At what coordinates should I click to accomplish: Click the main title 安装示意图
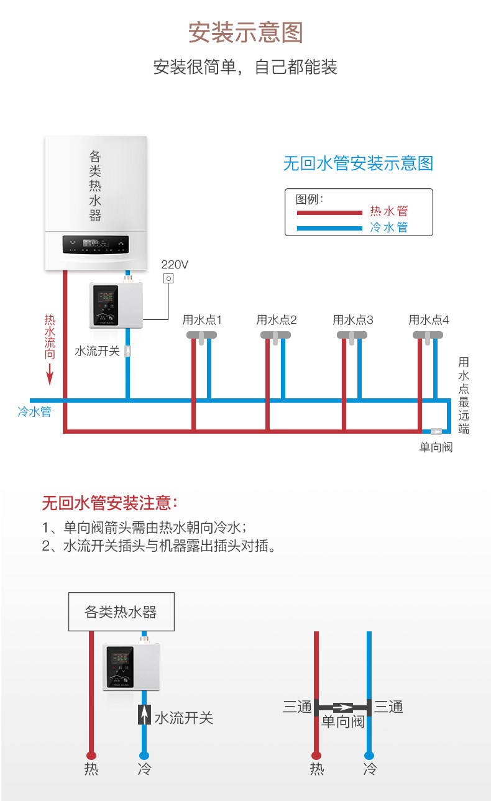point(245,33)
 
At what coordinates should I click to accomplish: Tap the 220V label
point(175,265)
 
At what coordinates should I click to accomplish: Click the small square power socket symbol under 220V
point(168,279)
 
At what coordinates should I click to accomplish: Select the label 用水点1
point(202,320)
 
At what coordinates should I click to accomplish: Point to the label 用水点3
point(353,320)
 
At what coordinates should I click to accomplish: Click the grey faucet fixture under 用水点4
point(428,336)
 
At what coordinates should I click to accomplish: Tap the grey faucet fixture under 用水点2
point(276,336)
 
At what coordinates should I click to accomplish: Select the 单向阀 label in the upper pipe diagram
point(436,447)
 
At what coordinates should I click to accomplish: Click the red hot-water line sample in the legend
point(329,213)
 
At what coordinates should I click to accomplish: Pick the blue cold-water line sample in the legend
point(329,228)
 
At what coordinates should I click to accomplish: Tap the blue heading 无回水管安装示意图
point(357,163)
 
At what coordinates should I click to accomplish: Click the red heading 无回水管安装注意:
point(111,502)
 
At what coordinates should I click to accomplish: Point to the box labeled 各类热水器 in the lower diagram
point(121,612)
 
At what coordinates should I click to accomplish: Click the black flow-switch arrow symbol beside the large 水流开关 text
point(144,715)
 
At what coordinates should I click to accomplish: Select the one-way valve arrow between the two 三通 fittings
point(342,707)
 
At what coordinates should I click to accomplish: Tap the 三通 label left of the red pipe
point(296,707)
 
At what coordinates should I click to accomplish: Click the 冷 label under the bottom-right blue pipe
point(370,769)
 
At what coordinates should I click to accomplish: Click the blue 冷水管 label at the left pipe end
point(34,411)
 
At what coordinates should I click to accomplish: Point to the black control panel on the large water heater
point(96,244)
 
